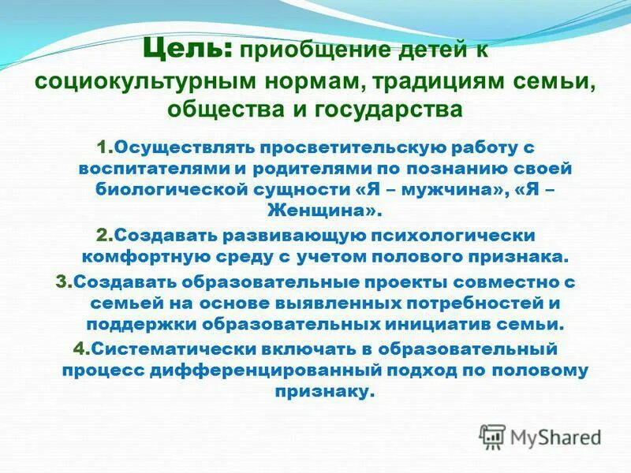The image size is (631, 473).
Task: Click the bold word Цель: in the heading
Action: click(187, 52)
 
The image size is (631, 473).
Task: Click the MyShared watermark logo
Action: click(540, 436)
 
